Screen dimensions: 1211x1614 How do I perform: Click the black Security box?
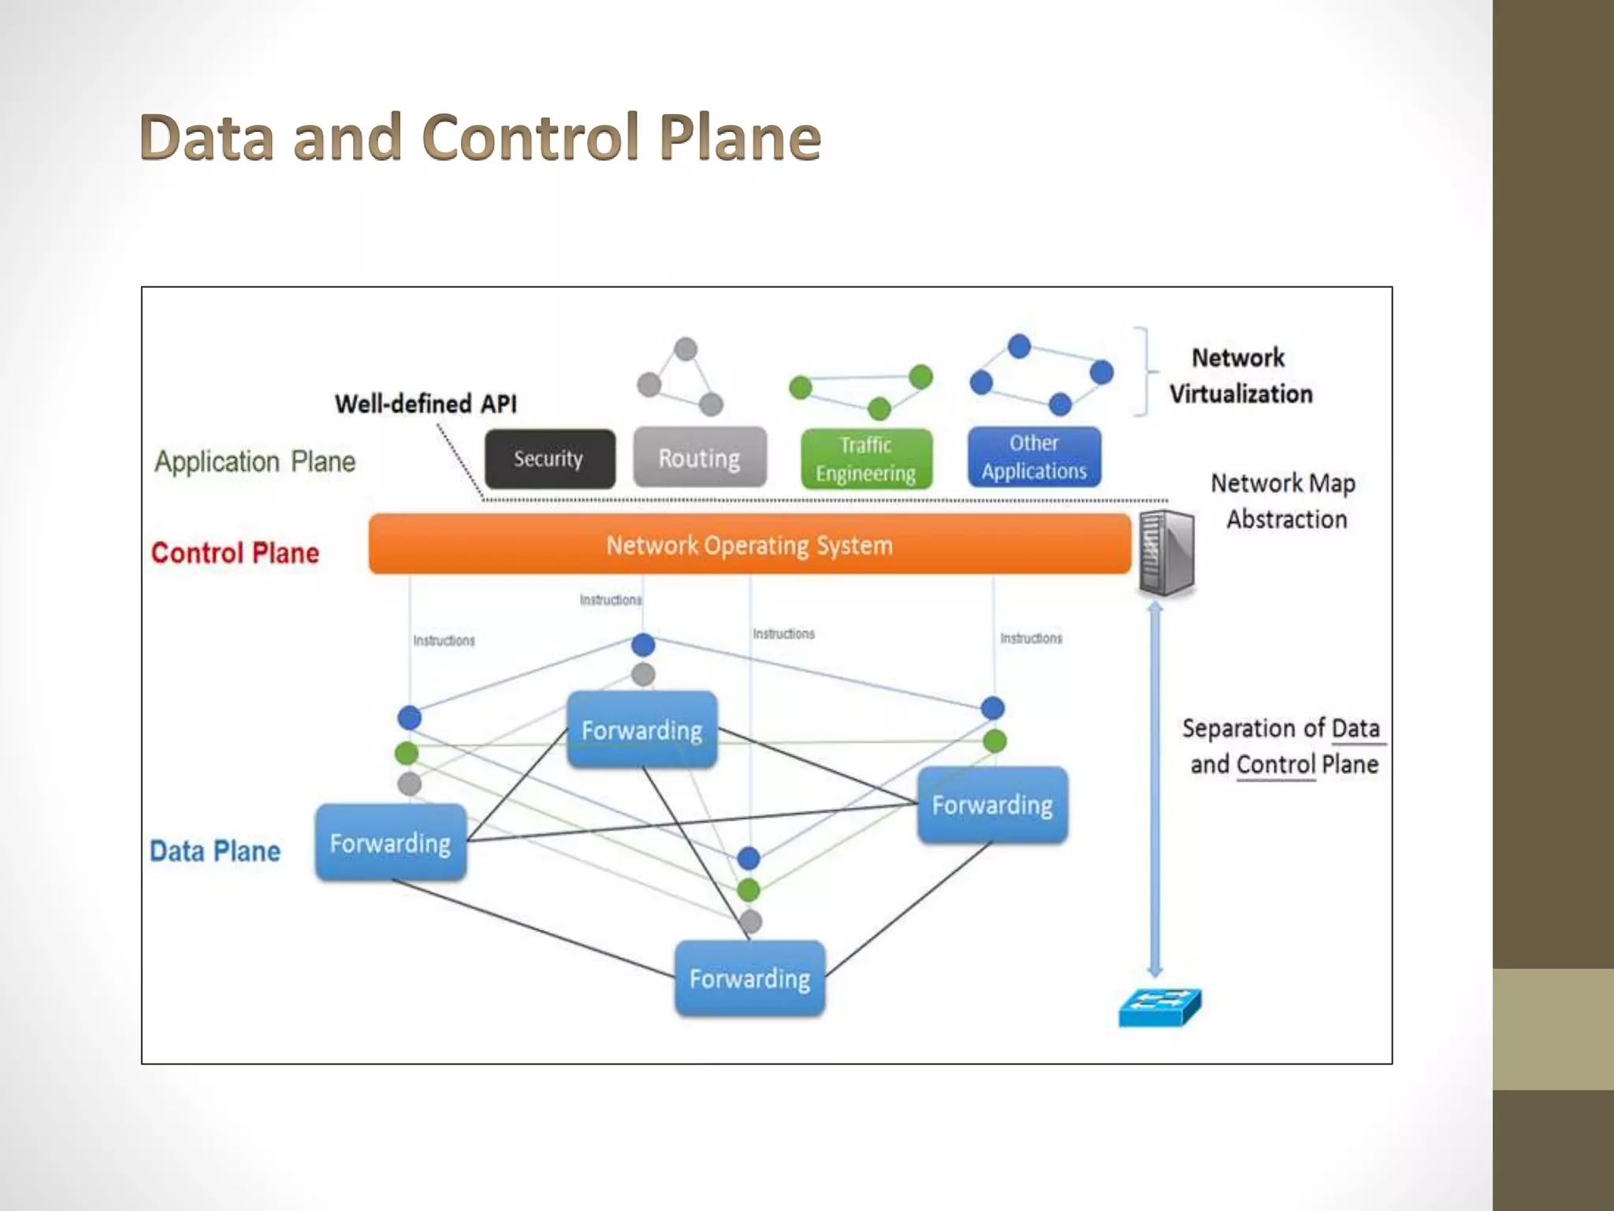549,459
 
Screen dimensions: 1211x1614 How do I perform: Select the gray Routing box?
699,458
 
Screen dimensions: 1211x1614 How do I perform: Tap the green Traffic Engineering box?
866,459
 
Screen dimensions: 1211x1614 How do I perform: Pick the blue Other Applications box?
1034,457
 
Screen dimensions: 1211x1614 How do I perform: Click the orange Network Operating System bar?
749,545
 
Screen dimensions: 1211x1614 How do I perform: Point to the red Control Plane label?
235,553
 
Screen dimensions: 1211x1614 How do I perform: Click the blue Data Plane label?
215,851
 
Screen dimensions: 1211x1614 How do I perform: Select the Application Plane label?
255,461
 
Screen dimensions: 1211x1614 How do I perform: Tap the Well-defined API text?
426,404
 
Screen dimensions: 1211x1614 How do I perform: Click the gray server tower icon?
1166,552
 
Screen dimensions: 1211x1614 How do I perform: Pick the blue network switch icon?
1159,1008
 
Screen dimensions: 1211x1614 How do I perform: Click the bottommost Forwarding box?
749,978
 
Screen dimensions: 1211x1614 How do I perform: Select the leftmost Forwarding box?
390,843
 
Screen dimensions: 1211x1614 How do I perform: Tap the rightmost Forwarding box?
992,805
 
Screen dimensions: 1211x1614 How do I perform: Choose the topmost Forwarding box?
642,730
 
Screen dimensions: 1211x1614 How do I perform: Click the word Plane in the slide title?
740,137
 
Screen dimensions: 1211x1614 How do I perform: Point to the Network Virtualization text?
1240,376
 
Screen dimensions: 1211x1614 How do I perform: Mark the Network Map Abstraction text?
1284,501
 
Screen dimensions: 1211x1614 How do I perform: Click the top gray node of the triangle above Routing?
686,348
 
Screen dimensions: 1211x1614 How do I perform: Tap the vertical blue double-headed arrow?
1155,788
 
